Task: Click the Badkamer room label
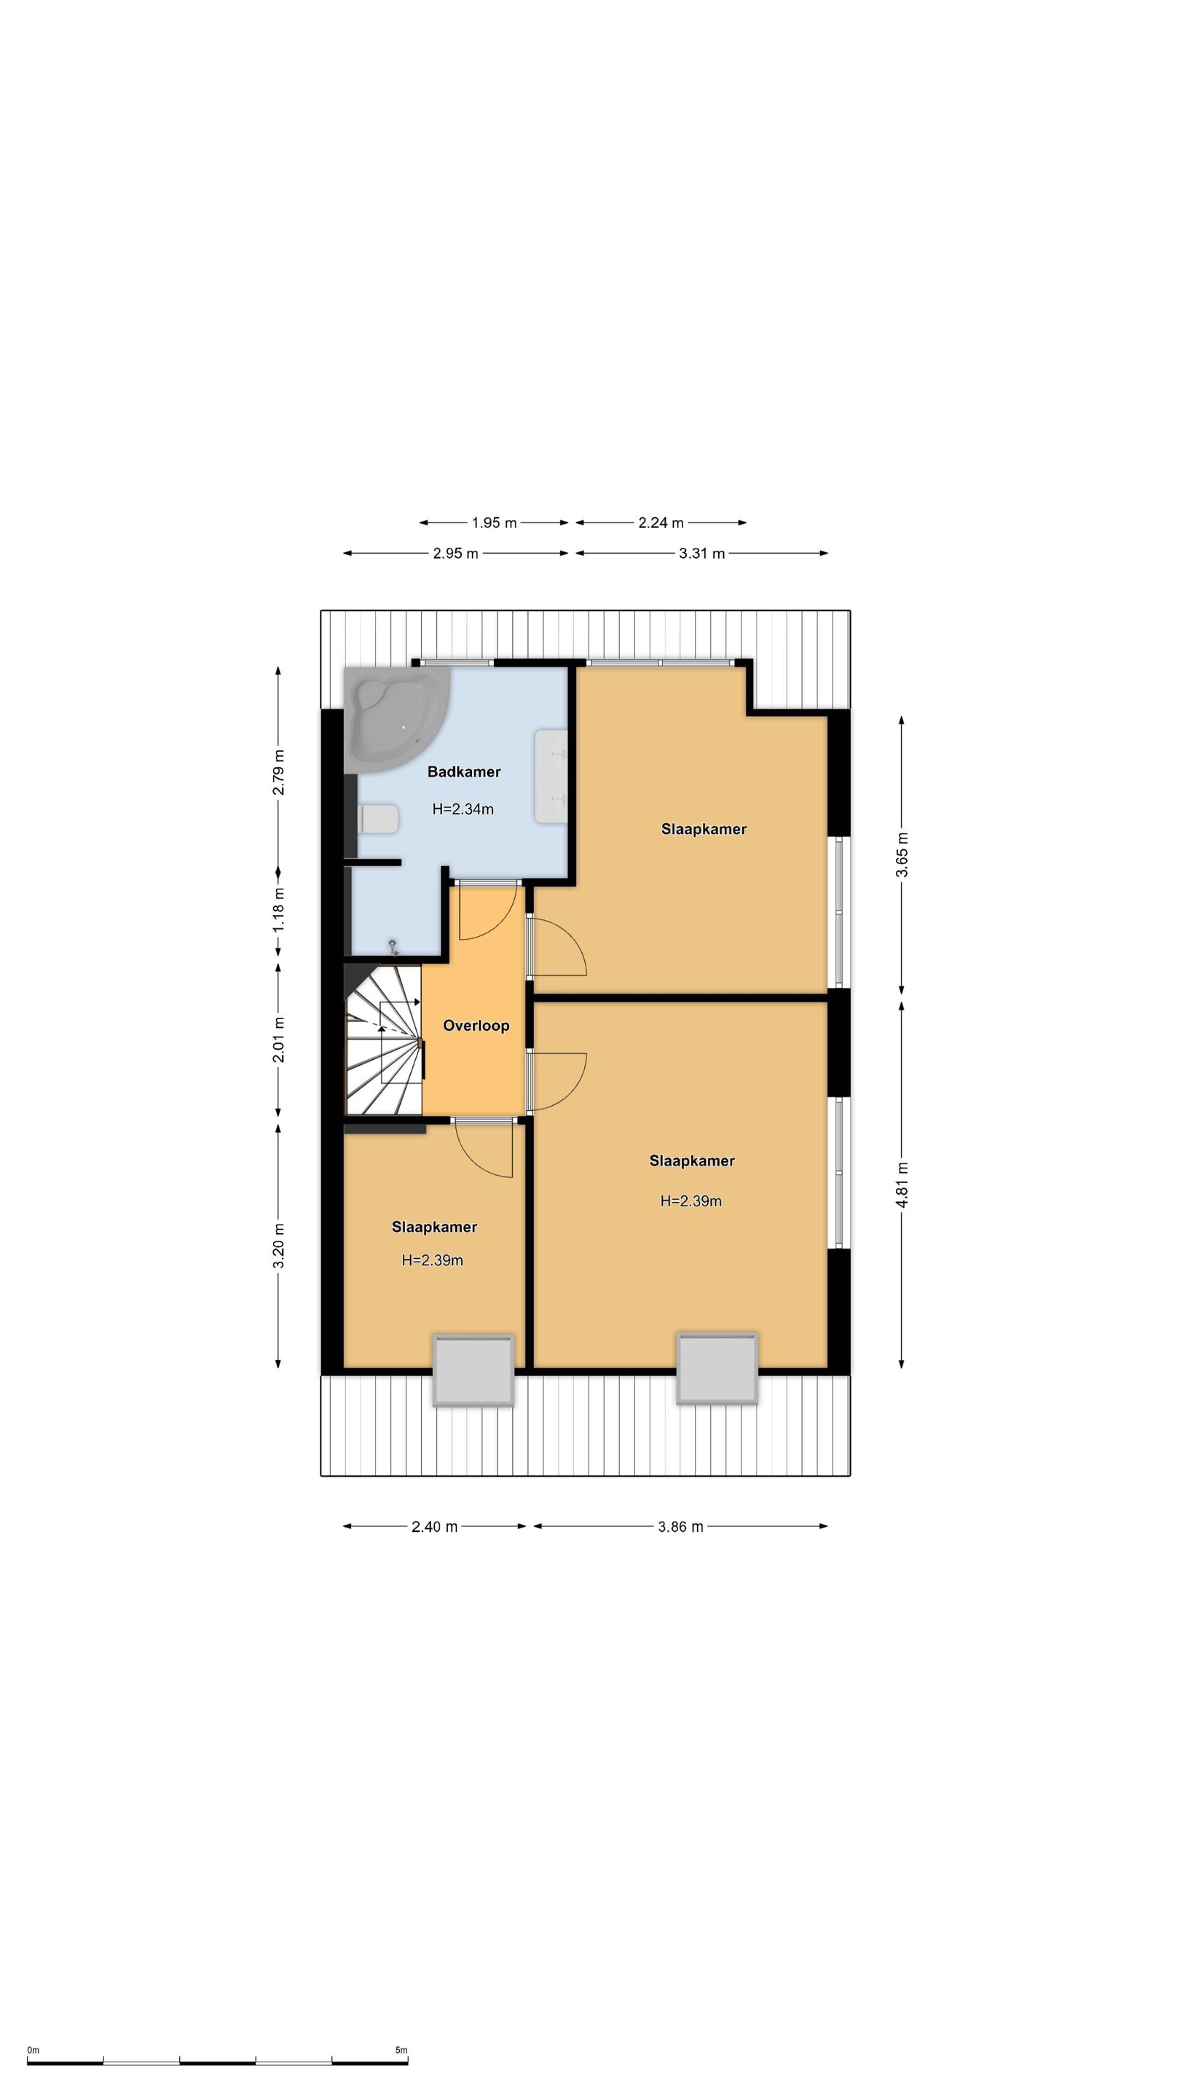click(x=463, y=771)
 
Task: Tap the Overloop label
click(x=476, y=1026)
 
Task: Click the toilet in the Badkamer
click(x=377, y=819)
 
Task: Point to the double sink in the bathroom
click(x=551, y=776)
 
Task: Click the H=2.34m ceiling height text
click(x=463, y=809)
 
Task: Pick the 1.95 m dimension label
click(x=495, y=523)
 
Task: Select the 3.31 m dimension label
click(x=702, y=554)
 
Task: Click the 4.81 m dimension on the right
click(x=902, y=1184)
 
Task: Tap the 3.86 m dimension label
click(x=681, y=1527)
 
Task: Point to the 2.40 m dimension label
click(x=434, y=1527)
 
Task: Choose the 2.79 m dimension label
click(x=278, y=772)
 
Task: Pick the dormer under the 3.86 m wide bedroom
click(x=717, y=1367)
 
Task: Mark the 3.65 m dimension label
click(x=902, y=855)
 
